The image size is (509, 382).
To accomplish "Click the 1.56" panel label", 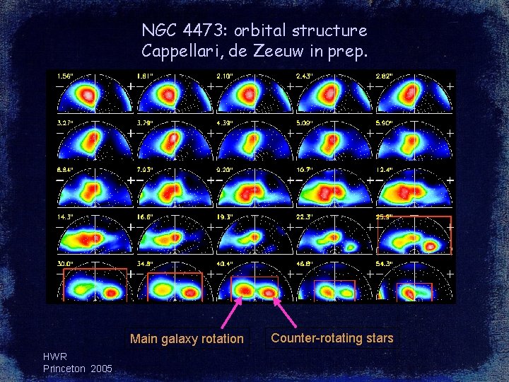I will pyautogui.click(x=64, y=76).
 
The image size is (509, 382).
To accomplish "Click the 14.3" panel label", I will pyautogui.click(x=65, y=216).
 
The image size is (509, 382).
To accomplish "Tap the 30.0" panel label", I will pyautogui.click(x=65, y=263).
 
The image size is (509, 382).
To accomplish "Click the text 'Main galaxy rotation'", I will pyautogui.click(x=187, y=339).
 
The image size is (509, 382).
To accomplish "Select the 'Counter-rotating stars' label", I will pyautogui.click(x=332, y=338).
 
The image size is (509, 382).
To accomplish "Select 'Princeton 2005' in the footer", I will pyautogui.click(x=77, y=369).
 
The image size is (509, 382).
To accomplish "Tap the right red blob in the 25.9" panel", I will pyautogui.click(x=429, y=246).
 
